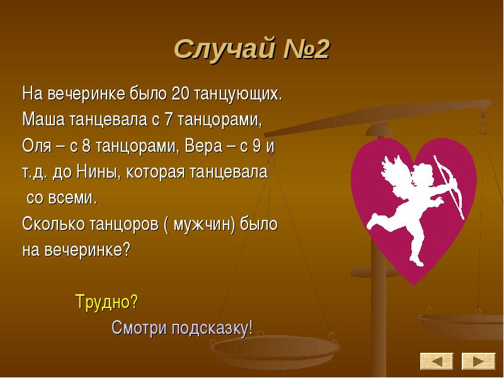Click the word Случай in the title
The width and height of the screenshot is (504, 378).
click(225, 50)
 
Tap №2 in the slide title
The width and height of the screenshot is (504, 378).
click(306, 49)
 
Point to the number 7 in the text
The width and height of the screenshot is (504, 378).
click(168, 120)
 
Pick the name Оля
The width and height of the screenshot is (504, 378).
click(37, 146)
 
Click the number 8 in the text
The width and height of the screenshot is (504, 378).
click(86, 146)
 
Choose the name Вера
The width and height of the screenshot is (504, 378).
click(203, 146)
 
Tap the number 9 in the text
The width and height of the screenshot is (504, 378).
click(256, 146)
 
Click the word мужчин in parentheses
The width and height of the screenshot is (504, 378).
click(202, 224)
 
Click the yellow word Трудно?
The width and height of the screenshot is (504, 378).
click(106, 302)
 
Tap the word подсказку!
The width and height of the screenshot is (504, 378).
click(212, 328)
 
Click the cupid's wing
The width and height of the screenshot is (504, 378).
click(396, 174)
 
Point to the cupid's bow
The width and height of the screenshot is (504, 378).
click(449, 186)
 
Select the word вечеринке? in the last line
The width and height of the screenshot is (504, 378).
click(87, 249)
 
